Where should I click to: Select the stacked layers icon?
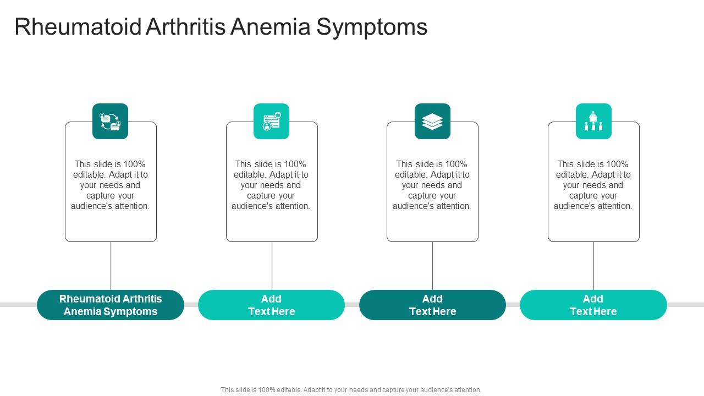click(432, 122)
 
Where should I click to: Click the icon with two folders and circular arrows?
click(110, 122)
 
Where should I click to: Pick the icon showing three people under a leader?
click(593, 122)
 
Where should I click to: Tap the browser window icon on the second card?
click(271, 122)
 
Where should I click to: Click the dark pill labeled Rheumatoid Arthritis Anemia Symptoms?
click(111, 305)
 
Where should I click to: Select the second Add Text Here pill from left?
click(271, 305)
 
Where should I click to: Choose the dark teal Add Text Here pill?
click(432, 305)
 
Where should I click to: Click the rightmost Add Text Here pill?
click(593, 305)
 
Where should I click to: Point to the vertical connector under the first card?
click(111, 266)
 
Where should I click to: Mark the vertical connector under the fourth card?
click(594, 266)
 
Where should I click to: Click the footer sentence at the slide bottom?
click(351, 390)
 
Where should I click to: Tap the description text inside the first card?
click(111, 185)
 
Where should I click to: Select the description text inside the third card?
click(432, 185)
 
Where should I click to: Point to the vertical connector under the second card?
click(272, 266)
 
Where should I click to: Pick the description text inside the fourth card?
click(593, 185)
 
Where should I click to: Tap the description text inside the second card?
click(271, 185)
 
